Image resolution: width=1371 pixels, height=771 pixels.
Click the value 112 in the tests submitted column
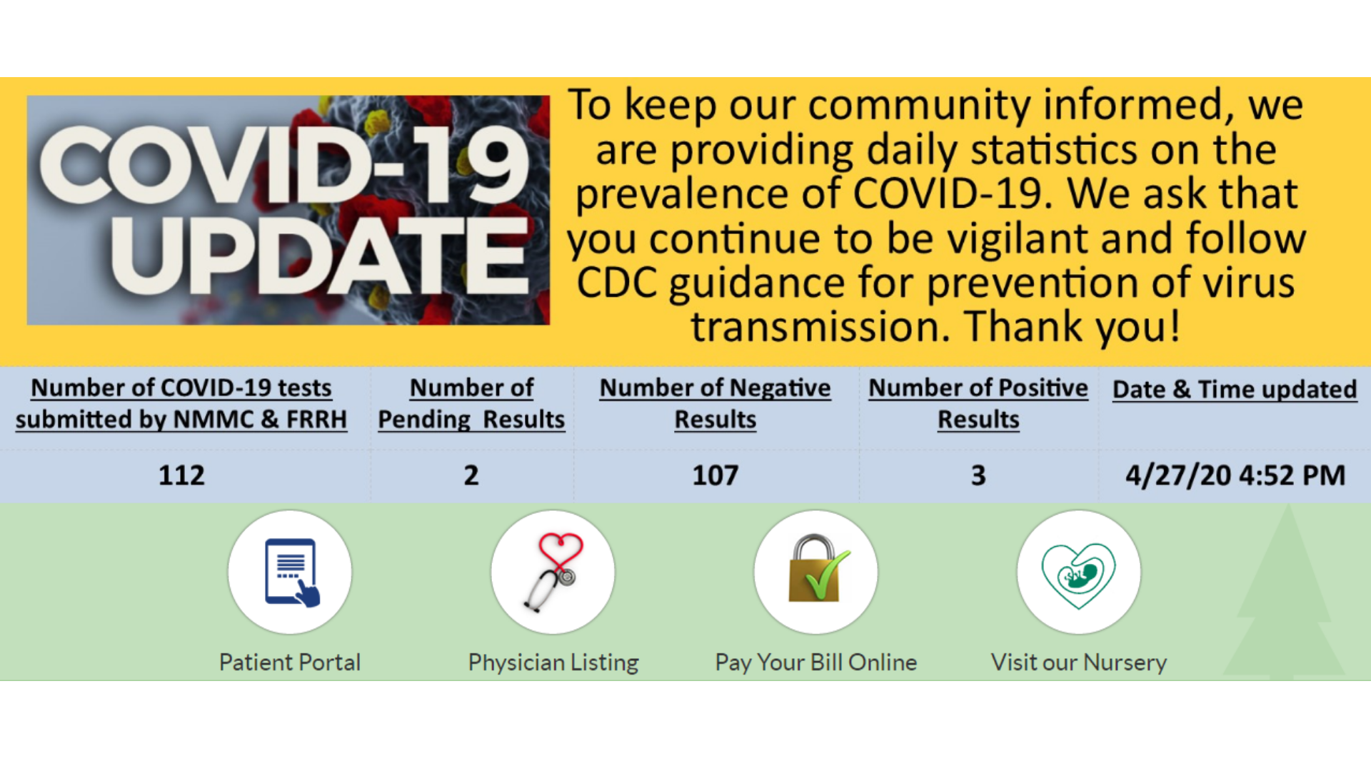[181, 475]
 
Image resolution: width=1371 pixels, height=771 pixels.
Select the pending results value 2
[471, 475]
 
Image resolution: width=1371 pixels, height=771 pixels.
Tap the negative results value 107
[715, 475]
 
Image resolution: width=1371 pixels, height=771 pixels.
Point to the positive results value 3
[978, 475]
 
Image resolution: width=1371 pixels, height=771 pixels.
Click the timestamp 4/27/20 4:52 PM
[1235, 475]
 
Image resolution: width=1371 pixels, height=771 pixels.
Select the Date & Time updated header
[1235, 389]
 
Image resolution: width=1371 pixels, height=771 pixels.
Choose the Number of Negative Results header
[715, 403]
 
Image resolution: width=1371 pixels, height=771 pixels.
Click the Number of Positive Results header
[978, 403]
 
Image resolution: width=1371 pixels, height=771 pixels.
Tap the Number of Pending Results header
[471, 403]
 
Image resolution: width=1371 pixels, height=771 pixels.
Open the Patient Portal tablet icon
[291, 573]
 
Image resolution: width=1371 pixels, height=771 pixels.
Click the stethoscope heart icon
[554, 573]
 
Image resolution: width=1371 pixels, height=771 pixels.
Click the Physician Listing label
[553, 662]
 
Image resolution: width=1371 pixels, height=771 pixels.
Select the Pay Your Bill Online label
[816, 662]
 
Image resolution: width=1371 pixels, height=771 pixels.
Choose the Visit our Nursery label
[1079, 662]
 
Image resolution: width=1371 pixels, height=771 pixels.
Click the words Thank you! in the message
[1073, 327]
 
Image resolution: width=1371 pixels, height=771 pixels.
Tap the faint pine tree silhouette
[1285, 600]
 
